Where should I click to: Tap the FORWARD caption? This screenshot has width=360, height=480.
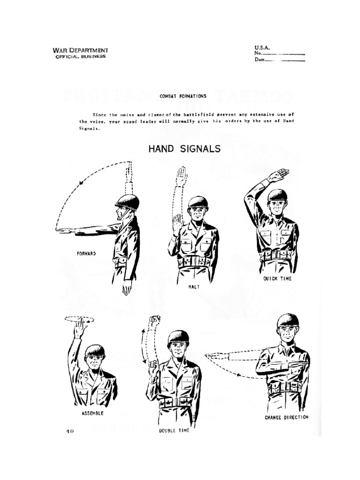pyautogui.click(x=86, y=253)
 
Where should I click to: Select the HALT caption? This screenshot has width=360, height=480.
pyautogui.click(x=193, y=287)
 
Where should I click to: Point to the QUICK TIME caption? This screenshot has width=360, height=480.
pyautogui.click(x=277, y=278)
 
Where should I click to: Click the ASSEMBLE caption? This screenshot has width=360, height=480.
pyautogui.click(x=92, y=413)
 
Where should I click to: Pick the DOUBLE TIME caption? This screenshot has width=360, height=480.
pyautogui.click(x=174, y=430)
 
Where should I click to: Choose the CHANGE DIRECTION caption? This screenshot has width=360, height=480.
pyautogui.click(x=286, y=417)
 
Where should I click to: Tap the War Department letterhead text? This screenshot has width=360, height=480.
pyautogui.click(x=81, y=50)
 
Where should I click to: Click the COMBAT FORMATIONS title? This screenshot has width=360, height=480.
pyautogui.click(x=182, y=96)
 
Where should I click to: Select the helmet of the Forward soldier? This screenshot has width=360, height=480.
pyautogui.click(x=127, y=202)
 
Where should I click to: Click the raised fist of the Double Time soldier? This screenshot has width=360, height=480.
pyautogui.click(x=154, y=321)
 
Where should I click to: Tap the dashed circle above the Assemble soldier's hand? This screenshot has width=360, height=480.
pyautogui.click(x=79, y=319)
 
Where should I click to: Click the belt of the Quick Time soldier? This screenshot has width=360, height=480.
pyautogui.click(x=277, y=255)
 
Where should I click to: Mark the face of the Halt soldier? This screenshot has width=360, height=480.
pyautogui.click(x=198, y=213)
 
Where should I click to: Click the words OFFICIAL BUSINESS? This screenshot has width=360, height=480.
pyautogui.click(x=81, y=56)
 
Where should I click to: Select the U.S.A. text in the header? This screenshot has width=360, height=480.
pyautogui.click(x=262, y=48)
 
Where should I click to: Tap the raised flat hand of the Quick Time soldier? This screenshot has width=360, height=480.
pyautogui.click(x=277, y=175)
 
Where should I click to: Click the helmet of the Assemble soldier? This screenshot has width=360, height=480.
pyautogui.click(x=95, y=351)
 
